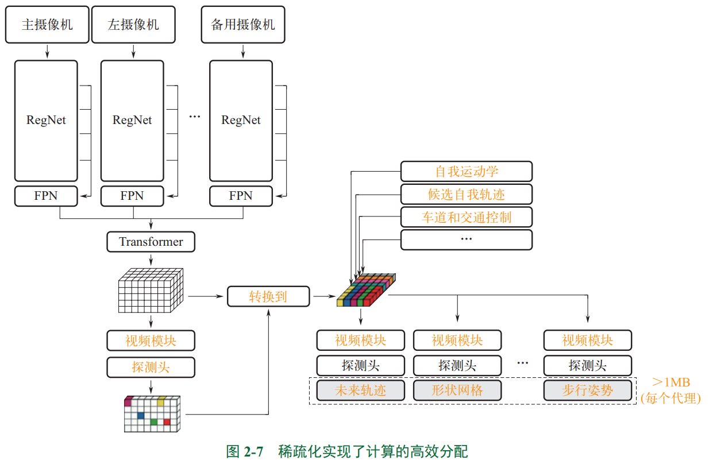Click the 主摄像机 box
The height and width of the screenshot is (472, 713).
(x=47, y=25)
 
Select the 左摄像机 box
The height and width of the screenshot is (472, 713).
(x=133, y=25)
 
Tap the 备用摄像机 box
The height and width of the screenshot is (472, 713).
(x=243, y=25)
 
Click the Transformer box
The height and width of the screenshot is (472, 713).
(x=151, y=242)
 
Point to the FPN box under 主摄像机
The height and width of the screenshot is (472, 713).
(x=46, y=196)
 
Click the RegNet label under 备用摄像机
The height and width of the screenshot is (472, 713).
(x=241, y=120)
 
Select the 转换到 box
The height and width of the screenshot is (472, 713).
(x=268, y=296)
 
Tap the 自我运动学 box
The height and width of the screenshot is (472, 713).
(x=467, y=172)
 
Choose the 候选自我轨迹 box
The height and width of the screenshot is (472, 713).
(x=467, y=194)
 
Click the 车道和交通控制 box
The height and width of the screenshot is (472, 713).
(x=467, y=217)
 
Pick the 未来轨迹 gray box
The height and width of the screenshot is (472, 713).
(x=361, y=390)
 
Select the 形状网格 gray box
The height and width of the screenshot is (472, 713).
(x=457, y=390)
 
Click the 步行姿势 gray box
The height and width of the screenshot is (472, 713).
(x=588, y=390)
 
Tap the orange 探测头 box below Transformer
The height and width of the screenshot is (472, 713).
(x=151, y=367)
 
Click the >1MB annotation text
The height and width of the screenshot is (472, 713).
(x=671, y=382)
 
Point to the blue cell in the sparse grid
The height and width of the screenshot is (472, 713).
(x=141, y=415)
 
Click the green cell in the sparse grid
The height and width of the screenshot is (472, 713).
(x=154, y=422)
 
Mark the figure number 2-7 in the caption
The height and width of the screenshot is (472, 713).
(x=253, y=452)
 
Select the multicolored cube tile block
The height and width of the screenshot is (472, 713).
(x=366, y=290)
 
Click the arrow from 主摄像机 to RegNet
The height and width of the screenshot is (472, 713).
(x=47, y=51)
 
